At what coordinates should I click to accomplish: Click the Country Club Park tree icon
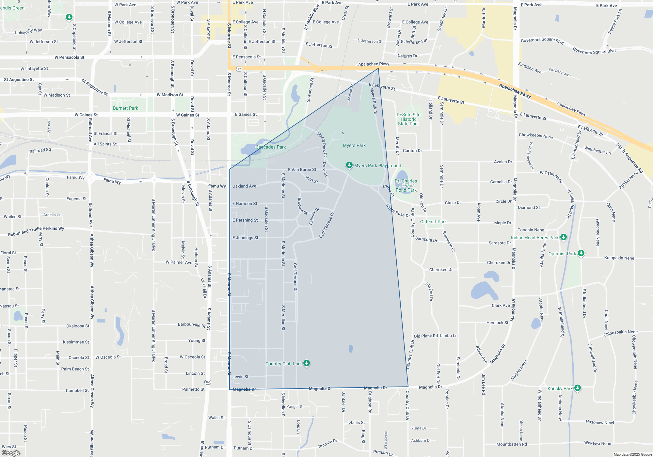pos(306,363)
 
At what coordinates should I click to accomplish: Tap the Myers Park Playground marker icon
pos(349,165)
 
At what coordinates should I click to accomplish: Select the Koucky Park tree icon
pos(577,388)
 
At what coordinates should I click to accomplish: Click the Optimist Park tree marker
pos(581,253)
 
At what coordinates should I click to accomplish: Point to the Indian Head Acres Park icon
pos(563,237)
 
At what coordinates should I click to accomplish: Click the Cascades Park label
pos(271,147)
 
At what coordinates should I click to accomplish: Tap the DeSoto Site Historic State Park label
pos(408,119)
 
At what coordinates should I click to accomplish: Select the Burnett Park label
pos(125,108)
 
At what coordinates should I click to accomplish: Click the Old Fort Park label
pos(433,222)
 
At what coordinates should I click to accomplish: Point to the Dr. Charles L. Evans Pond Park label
pos(406,185)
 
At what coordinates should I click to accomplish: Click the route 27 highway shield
pos(239,69)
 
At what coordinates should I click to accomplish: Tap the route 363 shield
pos(208,382)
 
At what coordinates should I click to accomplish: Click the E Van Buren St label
pos(302,169)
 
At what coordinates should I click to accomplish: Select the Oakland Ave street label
pos(244,186)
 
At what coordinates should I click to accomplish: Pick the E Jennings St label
pos(245,238)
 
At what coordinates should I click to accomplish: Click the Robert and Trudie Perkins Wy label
pos(36,231)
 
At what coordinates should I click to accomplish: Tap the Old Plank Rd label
pos(426,336)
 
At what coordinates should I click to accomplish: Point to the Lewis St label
pos(240,376)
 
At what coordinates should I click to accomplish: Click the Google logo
pos(11,453)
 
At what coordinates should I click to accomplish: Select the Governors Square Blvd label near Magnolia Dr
pos(542,40)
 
